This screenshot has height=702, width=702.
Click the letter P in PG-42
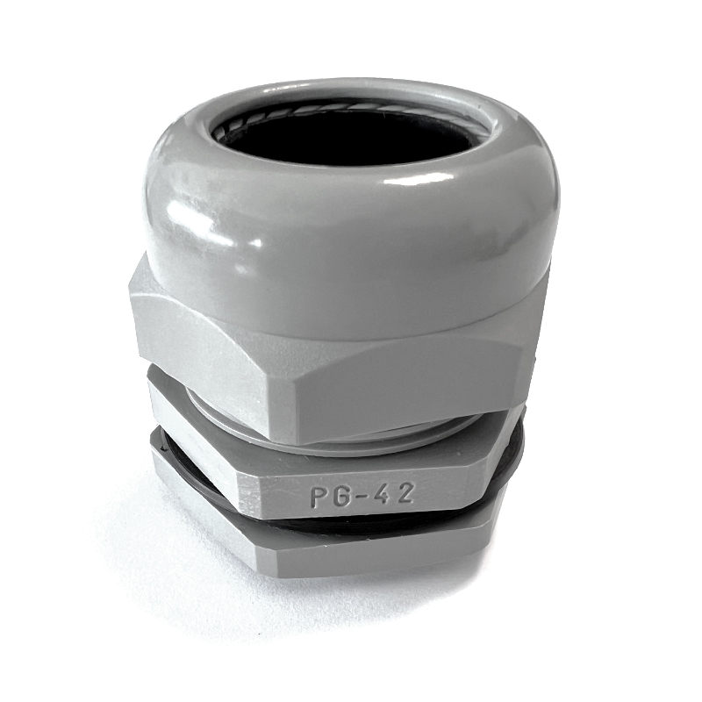click(x=319, y=498)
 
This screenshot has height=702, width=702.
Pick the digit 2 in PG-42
click(x=404, y=493)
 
